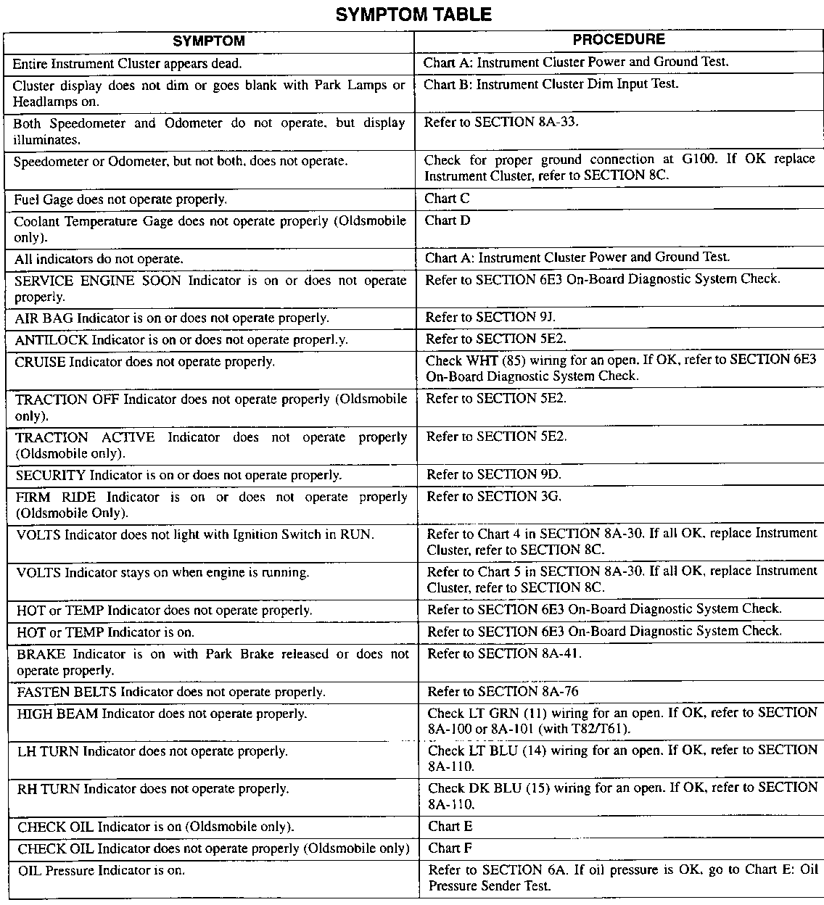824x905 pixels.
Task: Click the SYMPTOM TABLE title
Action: pyautogui.click(x=413, y=15)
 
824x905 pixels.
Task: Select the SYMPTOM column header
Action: pyautogui.click(x=209, y=41)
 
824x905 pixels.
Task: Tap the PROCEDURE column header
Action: pyautogui.click(x=619, y=40)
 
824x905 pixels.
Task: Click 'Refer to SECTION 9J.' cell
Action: pyautogui.click(x=490, y=317)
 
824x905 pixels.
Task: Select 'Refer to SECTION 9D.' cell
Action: pyautogui.click(x=493, y=475)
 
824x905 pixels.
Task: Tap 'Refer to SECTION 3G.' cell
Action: pyautogui.click(x=493, y=497)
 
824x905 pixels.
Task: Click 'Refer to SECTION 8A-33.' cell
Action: pyautogui.click(x=501, y=122)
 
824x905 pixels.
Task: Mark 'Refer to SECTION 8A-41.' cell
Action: pyautogui.click(x=504, y=653)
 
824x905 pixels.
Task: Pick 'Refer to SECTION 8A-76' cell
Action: pyautogui.click(x=503, y=692)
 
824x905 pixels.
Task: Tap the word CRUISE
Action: pyautogui.click(x=41, y=361)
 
